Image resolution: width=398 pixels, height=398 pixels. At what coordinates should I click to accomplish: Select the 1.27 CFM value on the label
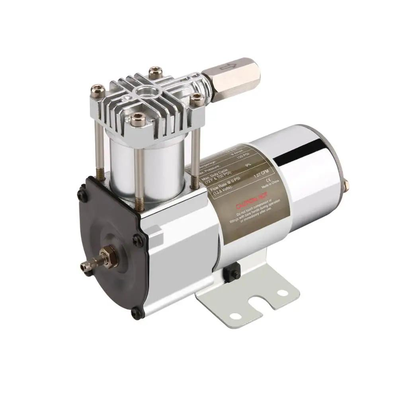[x=263, y=176]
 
